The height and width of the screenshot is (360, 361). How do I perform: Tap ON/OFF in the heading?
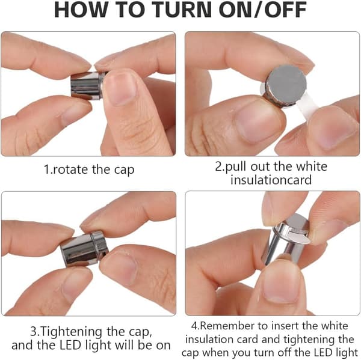click(262, 10)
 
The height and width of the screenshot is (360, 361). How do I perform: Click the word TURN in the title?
click(182, 10)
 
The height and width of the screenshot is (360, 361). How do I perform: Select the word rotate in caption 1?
click(70, 169)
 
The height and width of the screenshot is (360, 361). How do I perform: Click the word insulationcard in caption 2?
click(271, 180)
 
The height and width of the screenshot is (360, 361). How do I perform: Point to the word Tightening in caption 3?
click(72, 332)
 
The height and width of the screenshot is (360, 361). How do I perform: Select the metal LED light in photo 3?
click(84, 249)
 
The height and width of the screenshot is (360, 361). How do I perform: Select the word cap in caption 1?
click(124, 171)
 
